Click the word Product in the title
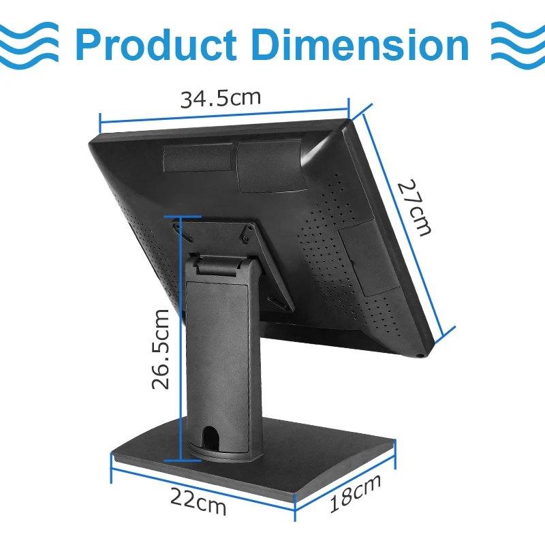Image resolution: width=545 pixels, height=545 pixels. pos(157,44)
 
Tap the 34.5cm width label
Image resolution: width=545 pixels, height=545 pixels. pos(220,99)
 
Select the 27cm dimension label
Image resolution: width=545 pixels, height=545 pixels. pos(415,208)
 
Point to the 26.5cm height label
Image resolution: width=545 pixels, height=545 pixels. pos(161,349)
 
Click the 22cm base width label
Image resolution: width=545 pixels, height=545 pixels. pos(198,501)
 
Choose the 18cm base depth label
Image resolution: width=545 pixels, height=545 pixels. pos(355,493)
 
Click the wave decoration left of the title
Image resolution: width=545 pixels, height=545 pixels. pos(29,45)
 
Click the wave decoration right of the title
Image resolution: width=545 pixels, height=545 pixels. pos(518,45)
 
